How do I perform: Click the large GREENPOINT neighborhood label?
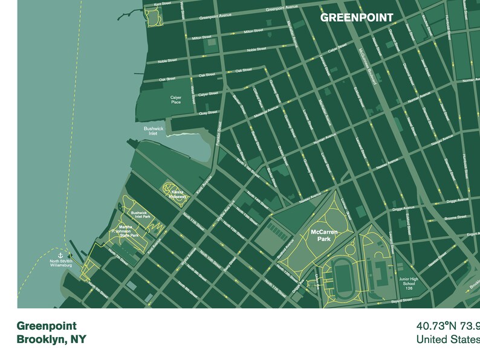pos(356,18)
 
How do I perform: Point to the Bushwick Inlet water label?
pos(150,130)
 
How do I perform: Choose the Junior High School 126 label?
pos(409,283)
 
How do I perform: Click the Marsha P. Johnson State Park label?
pos(125,231)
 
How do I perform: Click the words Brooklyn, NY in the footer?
pos(51,339)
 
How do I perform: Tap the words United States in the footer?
pos(447,339)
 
